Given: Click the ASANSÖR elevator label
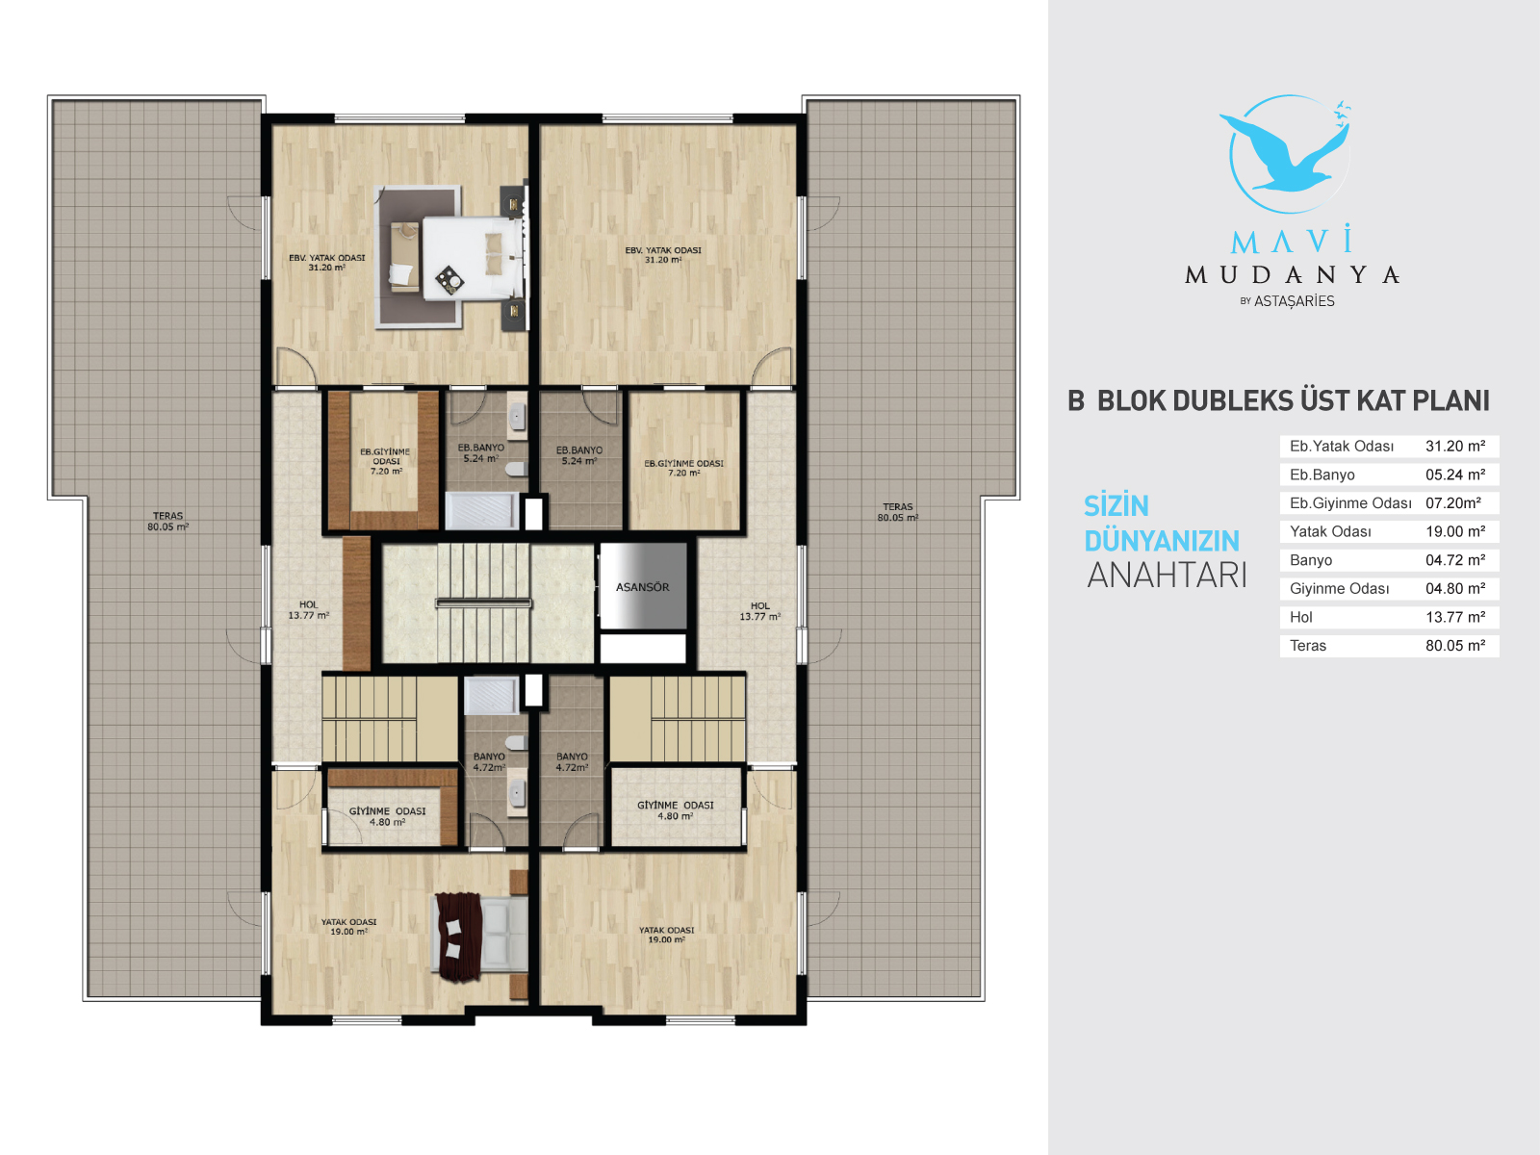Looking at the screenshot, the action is point(642,587).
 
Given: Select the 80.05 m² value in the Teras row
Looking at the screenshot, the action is point(1455,645).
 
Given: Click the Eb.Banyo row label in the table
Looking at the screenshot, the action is point(1322,475).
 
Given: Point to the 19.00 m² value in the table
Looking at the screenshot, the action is point(1455,531).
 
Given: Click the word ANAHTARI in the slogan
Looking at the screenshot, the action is point(1167,575).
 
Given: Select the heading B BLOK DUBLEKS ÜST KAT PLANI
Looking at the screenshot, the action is point(1278,400).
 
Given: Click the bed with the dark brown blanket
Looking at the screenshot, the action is point(480,937).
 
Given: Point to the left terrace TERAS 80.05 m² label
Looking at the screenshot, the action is point(167,521).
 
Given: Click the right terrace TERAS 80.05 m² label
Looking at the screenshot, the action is point(897,512).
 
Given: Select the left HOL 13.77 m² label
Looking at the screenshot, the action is point(309,609).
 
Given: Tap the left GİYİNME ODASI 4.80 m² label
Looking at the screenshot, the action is point(387,816).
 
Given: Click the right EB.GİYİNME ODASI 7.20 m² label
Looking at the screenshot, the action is point(683,468).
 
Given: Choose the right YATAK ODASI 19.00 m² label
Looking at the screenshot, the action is point(666,935).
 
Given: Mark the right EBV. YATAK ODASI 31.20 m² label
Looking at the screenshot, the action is point(663,254).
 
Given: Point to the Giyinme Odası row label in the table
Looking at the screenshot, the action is point(1339,588).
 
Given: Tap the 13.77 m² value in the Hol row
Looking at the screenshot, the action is point(1455,617).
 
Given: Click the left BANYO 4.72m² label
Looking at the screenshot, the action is point(489,761).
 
